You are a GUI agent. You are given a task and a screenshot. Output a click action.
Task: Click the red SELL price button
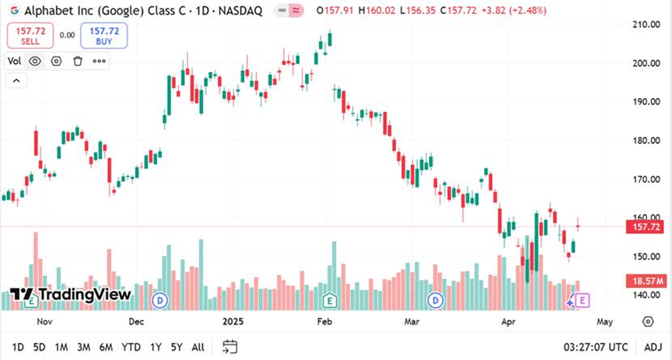pyautogui.click(x=30, y=35)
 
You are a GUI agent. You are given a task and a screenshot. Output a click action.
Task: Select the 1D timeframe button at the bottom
pyautogui.click(x=18, y=347)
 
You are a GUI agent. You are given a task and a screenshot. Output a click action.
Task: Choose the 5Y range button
pyautogui.click(x=177, y=347)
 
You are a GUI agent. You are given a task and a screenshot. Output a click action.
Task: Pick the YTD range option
pyautogui.click(x=132, y=347)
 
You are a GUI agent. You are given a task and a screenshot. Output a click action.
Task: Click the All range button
pyautogui.click(x=198, y=347)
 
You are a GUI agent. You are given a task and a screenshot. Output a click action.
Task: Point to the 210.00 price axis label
pyautogui.click(x=644, y=24)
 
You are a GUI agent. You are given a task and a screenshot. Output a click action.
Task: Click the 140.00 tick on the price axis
pyautogui.click(x=644, y=295)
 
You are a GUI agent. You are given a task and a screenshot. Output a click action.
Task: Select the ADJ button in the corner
pyautogui.click(x=653, y=347)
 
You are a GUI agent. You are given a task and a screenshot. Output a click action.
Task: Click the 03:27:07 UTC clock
pyautogui.click(x=596, y=347)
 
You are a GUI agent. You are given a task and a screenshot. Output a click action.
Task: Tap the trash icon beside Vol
pyautogui.click(x=78, y=61)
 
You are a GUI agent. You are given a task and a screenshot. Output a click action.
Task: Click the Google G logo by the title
pyautogui.click(x=14, y=11)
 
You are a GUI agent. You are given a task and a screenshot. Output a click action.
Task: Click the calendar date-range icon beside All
pyautogui.click(x=229, y=347)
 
